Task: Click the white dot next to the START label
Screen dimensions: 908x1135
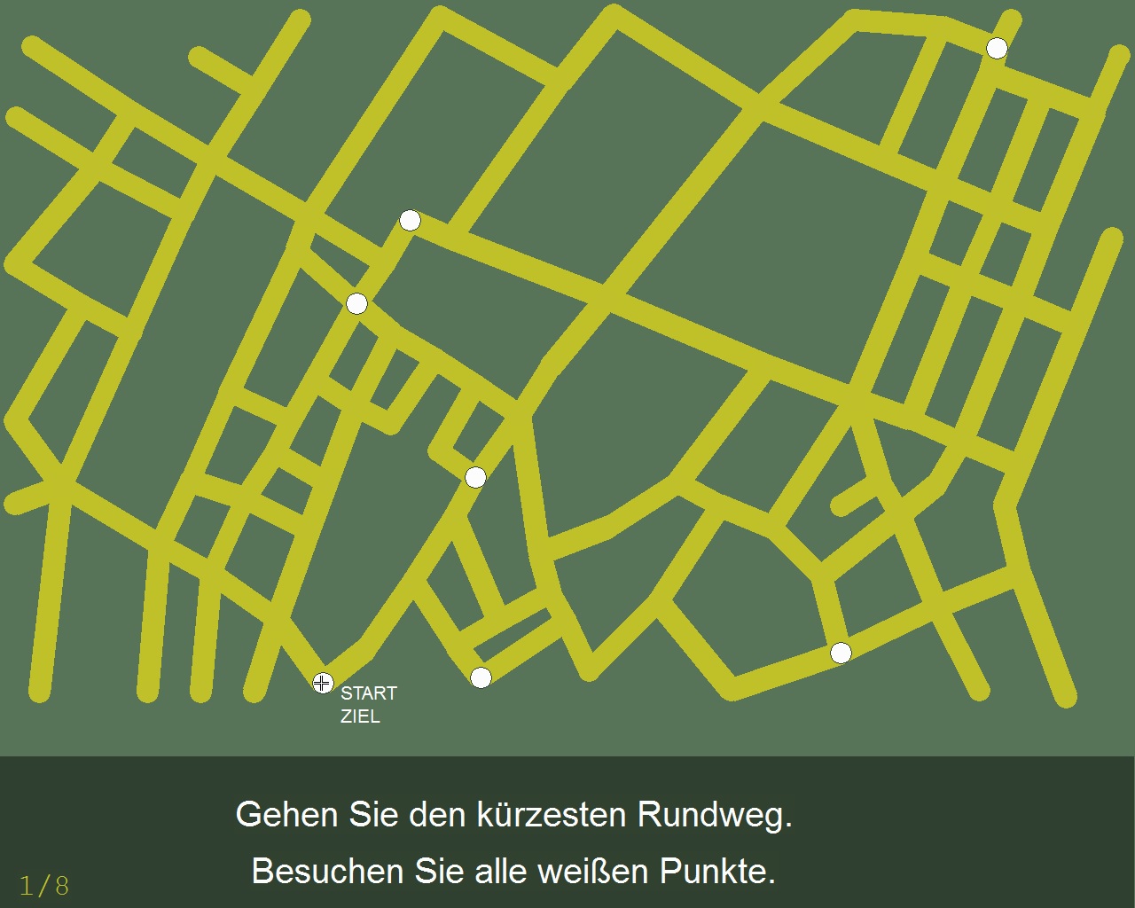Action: (322, 683)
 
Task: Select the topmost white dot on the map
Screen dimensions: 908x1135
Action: (997, 48)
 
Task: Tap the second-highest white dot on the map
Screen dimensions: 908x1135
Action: (410, 220)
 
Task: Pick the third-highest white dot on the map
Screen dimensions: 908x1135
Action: (356, 304)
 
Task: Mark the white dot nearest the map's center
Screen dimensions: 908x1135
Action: (475, 478)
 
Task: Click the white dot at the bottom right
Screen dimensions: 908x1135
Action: (841, 654)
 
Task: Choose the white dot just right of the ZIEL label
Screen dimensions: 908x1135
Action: (481, 678)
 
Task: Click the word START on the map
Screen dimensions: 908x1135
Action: (369, 693)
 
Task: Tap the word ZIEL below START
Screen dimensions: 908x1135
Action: (360, 716)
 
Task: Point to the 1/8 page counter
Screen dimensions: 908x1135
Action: (44, 885)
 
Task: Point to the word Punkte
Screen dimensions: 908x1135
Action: (717, 871)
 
